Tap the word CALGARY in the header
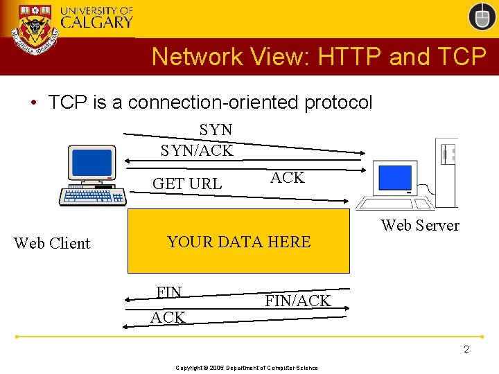(x=96, y=21)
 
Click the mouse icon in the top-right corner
(x=482, y=16)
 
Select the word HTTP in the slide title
(x=351, y=57)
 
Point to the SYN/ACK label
(x=197, y=150)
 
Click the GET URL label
(x=187, y=184)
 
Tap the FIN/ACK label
(x=298, y=301)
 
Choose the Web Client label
(x=52, y=243)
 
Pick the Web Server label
(x=420, y=225)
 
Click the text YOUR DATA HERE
(x=238, y=242)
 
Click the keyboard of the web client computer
(x=93, y=196)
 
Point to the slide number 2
(x=466, y=349)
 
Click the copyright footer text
(x=247, y=368)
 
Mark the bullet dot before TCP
(x=33, y=103)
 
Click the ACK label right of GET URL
(x=288, y=177)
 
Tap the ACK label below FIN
(x=168, y=317)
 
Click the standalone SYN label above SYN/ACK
(x=216, y=130)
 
